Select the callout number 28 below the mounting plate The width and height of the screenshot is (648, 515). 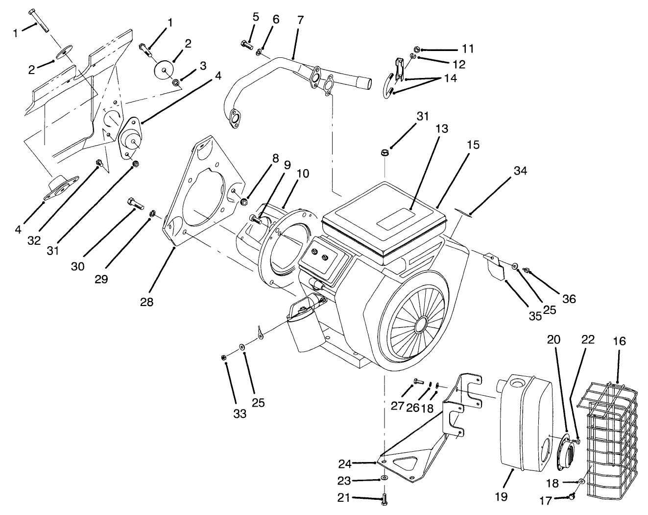tap(146, 302)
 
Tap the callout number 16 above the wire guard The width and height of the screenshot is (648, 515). tap(620, 341)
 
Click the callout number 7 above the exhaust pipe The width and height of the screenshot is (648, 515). tap(300, 20)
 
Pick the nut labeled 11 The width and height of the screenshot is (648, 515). tap(416, 49)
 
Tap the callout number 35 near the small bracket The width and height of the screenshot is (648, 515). tap(535, 316)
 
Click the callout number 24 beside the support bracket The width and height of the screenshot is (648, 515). tap(345, 463)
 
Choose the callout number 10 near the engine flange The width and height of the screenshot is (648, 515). tap(303, 173)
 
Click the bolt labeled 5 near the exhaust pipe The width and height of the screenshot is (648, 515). tap(246, 45)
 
